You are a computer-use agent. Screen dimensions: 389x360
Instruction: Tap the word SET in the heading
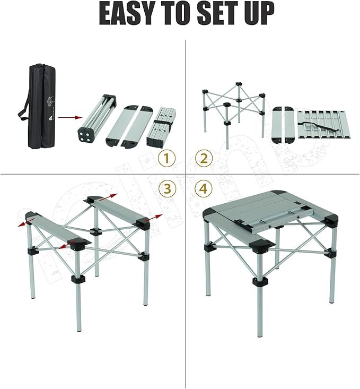pos(217,14)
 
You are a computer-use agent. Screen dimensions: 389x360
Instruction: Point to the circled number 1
pos(168,158)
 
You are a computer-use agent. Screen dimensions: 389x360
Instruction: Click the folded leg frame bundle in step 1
pos(96,120)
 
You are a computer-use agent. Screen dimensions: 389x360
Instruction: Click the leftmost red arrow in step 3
pos(23,223)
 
